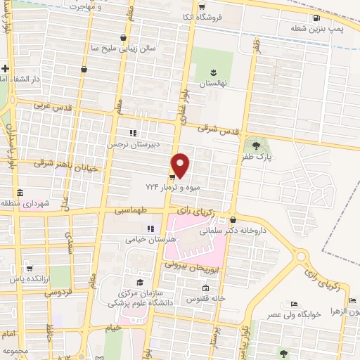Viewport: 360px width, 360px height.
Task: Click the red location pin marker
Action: click(181, 165)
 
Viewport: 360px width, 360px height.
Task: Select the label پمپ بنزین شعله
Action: click(317, 28)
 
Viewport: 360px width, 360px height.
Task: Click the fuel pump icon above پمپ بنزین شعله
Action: click(317, 18)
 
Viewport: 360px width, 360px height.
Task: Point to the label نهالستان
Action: click(214, 83)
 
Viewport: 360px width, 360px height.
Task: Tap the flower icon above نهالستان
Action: click(214, 72)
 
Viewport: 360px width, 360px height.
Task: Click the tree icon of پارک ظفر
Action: click(257, 145)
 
